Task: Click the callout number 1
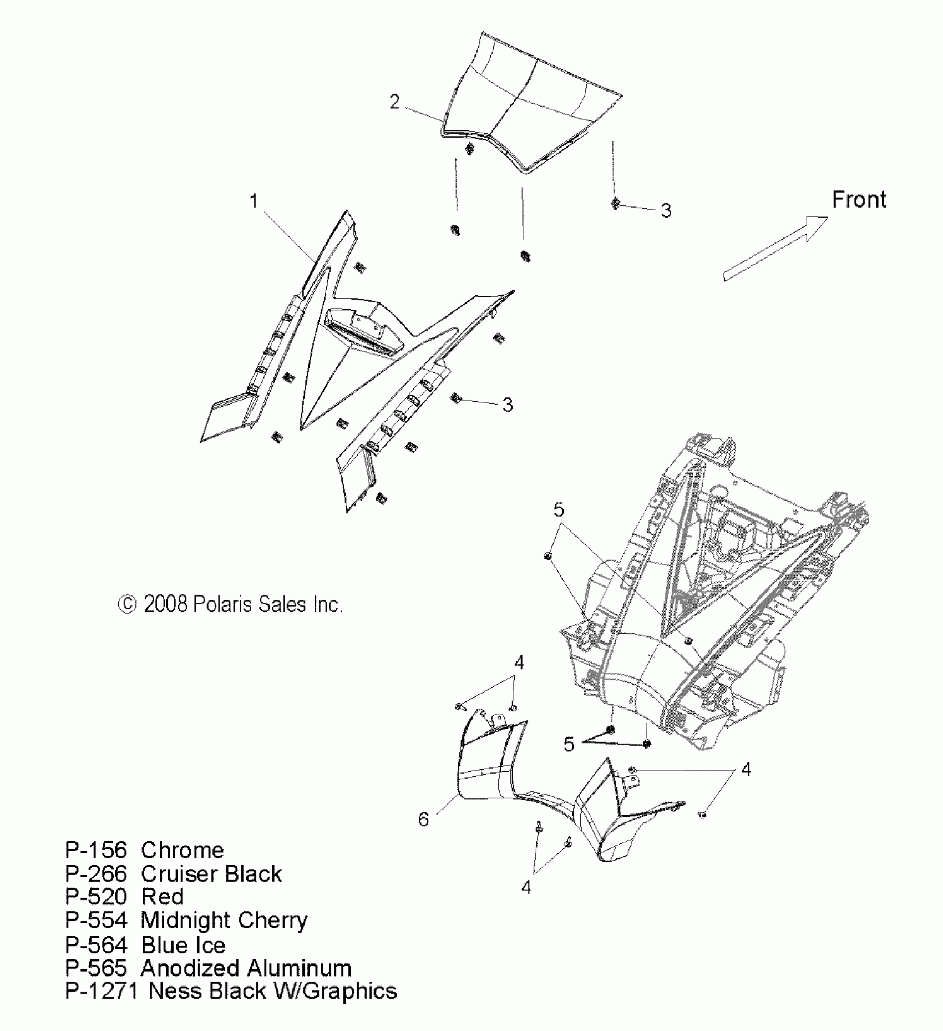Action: coord(254,201)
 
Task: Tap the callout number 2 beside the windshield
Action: coord(394,102)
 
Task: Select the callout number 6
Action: coord(423,819)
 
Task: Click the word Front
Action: coord(859,199)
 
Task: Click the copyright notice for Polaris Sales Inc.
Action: coord(230,604)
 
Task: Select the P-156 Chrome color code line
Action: coord(144,850)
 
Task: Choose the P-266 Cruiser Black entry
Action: coord(173,873)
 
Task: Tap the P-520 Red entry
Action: coord(124,897)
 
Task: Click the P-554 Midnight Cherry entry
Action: coord(186,920)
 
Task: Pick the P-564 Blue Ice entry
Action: coord(145,944)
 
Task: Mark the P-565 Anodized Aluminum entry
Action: coord(208,968)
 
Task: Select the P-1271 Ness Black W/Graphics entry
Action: coord(231,991)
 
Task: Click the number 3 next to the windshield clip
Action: coord(666,210)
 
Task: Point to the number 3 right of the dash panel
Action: coord(507,405)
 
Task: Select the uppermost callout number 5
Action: coord(559,509)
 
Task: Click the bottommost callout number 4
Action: coord(526,887)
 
